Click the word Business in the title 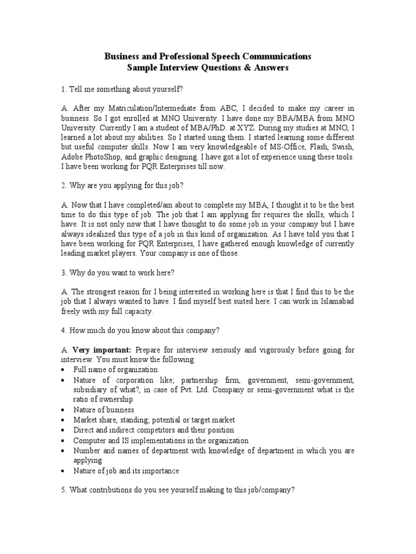coord(121,56)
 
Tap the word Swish coord(343,147)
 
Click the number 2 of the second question coord(63,186)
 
